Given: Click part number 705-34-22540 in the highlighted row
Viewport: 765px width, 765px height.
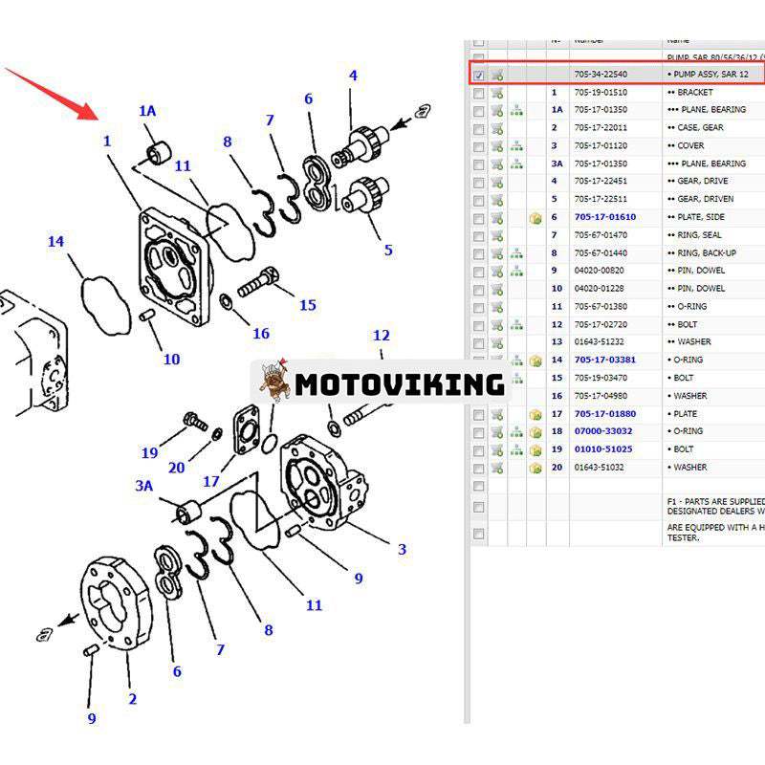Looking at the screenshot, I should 600,75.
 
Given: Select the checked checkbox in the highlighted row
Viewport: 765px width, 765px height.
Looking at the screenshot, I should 478,75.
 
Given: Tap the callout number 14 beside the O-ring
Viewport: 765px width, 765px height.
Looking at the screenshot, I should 55,242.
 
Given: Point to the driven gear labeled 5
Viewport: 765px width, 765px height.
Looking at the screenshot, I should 365,198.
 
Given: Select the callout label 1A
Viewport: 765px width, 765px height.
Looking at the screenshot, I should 147,111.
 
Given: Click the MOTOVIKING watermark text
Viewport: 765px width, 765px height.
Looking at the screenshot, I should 399,384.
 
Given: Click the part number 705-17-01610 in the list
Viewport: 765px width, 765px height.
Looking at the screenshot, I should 604,217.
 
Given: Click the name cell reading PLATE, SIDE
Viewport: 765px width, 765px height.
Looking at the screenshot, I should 695,217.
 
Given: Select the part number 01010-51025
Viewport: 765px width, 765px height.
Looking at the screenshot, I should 602,449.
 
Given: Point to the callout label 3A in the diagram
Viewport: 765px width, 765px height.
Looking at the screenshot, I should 143,486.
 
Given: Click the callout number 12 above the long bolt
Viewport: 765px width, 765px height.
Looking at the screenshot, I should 382,336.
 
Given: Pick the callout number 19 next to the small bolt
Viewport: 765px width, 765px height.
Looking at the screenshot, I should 150,453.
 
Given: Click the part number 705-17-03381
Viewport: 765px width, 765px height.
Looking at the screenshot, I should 604,361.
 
